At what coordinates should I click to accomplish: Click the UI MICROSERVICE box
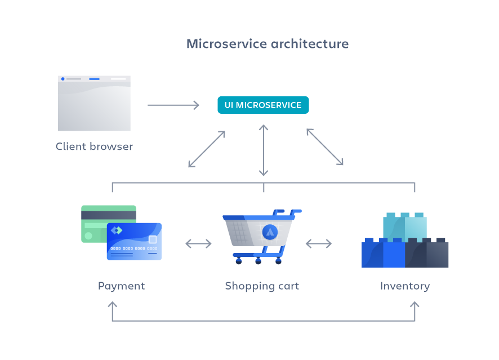point(263,105)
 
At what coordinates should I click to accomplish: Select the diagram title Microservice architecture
point(268,44)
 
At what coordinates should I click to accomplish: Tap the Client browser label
point(94,146)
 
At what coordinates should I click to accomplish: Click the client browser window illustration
point(94,103)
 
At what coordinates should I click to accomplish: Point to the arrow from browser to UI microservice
point(173,105)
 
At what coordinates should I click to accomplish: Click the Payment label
point(121,286)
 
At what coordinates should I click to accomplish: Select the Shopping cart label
point(262,286)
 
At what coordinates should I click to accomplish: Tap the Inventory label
point(404,286)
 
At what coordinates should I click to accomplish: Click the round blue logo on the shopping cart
point(270,232)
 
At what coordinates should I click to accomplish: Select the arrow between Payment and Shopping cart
point(198,243)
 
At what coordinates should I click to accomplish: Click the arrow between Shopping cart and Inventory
point(318,243)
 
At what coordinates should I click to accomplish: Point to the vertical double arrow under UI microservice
point(263,150)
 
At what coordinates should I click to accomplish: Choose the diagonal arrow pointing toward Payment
point(207,149)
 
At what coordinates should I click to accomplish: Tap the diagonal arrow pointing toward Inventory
point(325,147)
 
